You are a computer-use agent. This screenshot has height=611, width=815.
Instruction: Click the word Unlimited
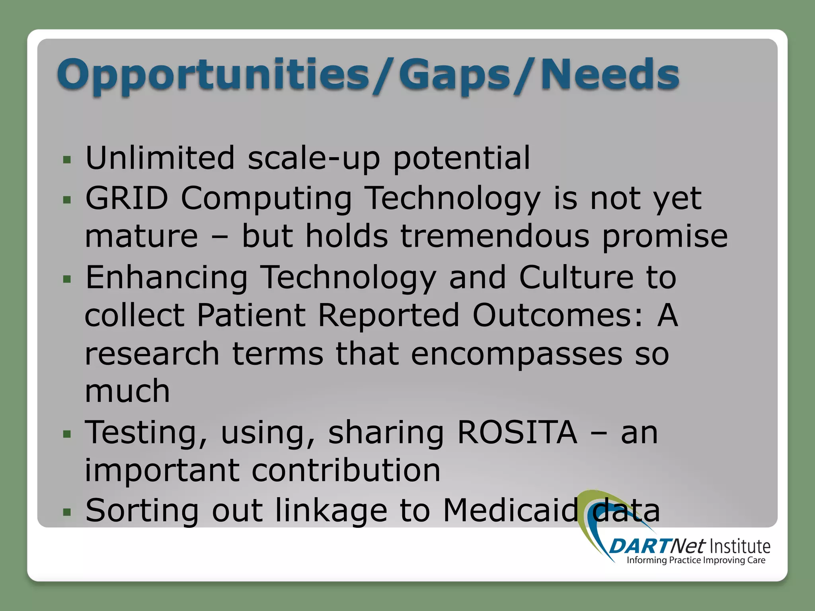[x=160, y=158]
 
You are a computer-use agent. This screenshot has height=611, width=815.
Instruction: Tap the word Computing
[x=266, y=198]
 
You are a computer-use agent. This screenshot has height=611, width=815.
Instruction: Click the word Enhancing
[x=167, y=278]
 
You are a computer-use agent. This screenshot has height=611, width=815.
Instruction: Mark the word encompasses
[x=517, y=354]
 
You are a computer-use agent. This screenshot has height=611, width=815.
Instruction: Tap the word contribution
[x=346, y=470]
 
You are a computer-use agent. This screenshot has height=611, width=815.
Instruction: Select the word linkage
[x=331, y=511]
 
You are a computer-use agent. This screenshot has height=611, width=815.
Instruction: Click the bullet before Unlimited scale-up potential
[x=67, y=160]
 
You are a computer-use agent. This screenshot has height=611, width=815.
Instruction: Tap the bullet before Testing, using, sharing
[x=67, y=434]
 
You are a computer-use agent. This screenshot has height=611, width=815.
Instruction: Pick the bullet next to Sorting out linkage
[x=67, y=512]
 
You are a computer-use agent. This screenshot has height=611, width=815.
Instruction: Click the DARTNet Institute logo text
[x=689, y=546]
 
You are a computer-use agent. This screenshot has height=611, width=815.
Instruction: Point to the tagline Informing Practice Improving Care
[x=696, y=560]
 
